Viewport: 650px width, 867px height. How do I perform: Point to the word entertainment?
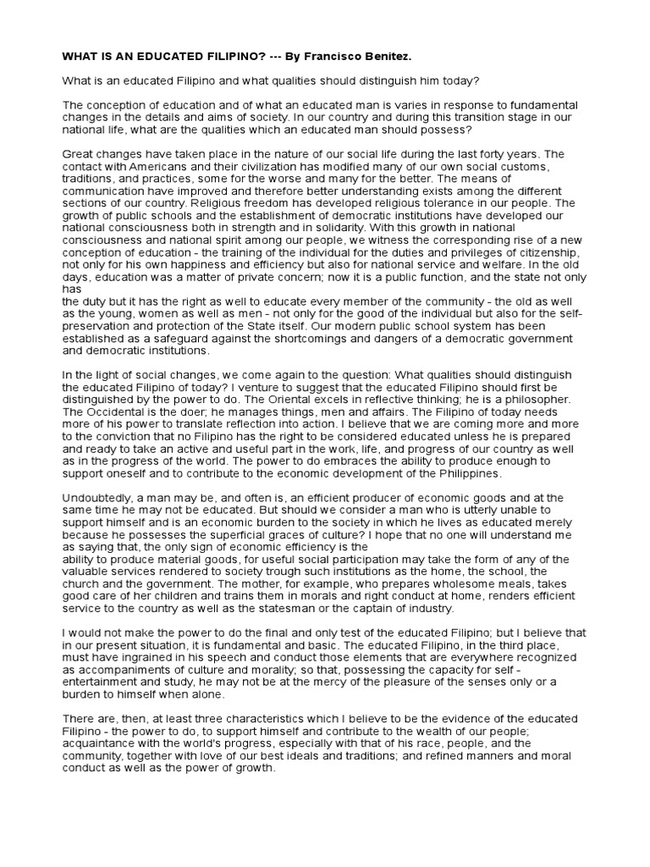(102, 682)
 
